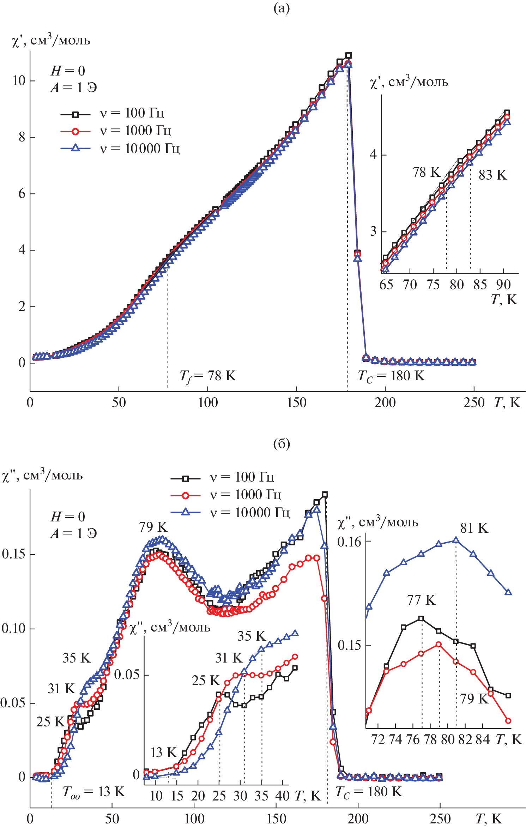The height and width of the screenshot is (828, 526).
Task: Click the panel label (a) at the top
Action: pos(281,8)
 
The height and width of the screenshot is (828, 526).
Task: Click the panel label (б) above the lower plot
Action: pos(281,444)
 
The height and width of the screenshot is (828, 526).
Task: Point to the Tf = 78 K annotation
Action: pos(207,376)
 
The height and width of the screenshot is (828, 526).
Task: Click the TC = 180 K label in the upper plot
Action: pos(391,376)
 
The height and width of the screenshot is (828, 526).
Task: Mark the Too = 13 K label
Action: pos(93,792)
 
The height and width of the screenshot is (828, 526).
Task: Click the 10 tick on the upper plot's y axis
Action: pos(19,81)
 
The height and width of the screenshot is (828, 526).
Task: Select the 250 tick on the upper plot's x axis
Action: pos(474,403)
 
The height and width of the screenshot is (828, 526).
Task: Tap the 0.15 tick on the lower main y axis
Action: pos(13,554)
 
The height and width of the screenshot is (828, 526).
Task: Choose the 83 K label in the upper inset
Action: pos(492,175)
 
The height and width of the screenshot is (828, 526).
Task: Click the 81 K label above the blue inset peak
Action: pos(474,528)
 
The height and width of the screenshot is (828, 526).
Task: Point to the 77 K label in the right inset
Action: pos(421,600)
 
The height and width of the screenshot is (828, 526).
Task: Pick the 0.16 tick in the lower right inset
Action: pos(350,542)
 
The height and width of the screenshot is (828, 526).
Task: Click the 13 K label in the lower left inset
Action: pos(164,753)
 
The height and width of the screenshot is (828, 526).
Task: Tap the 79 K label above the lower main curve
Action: pos(153,527)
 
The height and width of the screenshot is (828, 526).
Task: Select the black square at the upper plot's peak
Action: pos(349,55)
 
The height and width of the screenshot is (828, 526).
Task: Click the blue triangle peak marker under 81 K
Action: pos(456,540)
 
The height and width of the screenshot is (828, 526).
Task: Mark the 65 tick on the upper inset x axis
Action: pos(386,285)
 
